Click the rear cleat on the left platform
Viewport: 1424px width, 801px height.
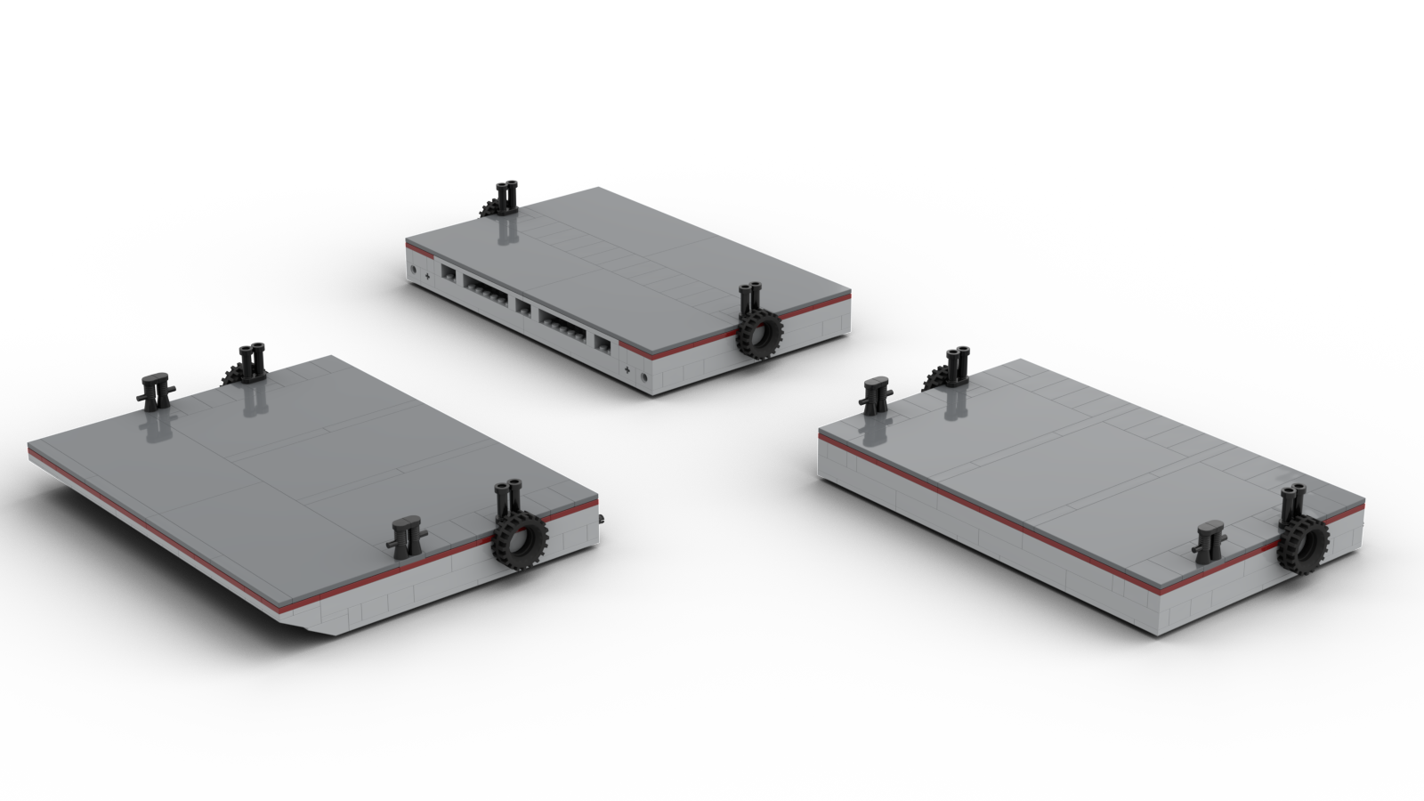coord(155,389)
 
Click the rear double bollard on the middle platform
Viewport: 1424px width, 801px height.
coord(508,196)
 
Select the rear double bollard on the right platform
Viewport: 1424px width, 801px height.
coord(958,365)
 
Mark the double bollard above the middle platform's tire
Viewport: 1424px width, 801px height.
coord(751,298)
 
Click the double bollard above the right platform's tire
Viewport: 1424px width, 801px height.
coord(1292,502)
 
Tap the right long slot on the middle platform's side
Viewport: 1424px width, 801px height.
coord(562,323)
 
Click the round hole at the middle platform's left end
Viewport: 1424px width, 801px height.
coord(414,267)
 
